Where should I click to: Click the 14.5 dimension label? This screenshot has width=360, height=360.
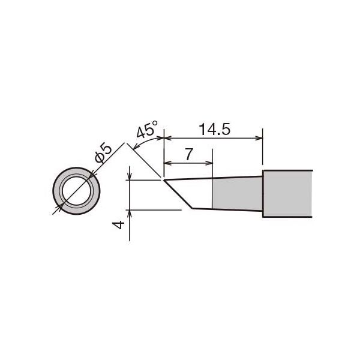pyautogui.click(x=214, y=129)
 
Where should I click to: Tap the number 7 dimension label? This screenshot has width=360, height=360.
pyautogui.click(x=188, y=154)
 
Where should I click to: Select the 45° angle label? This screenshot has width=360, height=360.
pyautogui.click(x=147, y=129)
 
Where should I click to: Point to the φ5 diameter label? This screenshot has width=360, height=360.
pyautogui.click(x=103, y=152)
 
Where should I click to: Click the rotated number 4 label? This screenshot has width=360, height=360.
pyautogui.click(x=119, y=225)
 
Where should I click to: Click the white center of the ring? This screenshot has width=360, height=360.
pyautogui.click(x=76, y=191)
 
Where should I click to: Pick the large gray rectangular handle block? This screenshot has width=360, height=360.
pyautogui.click(x=287, y=194)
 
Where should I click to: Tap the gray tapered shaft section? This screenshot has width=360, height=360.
pyautogui.click(x=237, y=194)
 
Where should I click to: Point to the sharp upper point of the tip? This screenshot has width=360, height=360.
pyautogui.click(x=164, y=180)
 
